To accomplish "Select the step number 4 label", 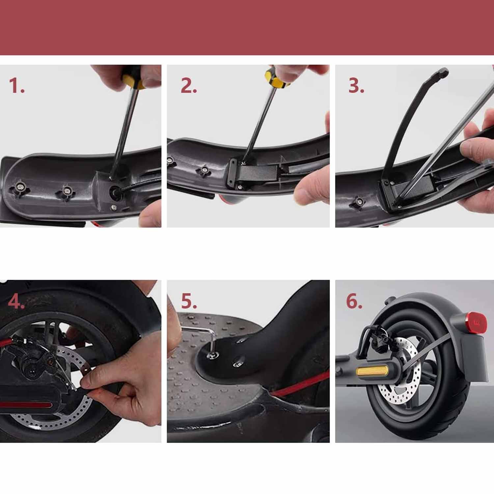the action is tap(16, 301).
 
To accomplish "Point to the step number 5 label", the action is tap(189, 301).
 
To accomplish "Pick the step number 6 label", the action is tap(354, 301).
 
